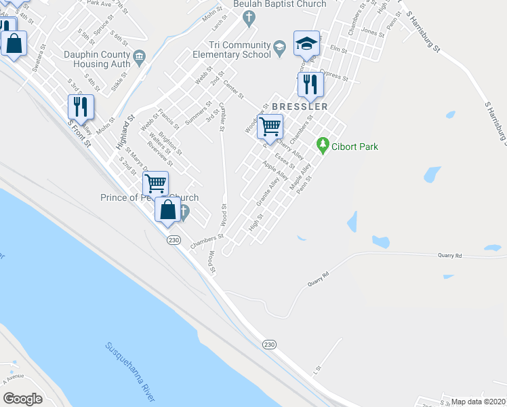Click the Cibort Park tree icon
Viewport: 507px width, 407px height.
tap(323, 146)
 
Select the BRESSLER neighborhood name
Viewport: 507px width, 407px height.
tap(300, 106)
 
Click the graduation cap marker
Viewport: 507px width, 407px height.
tap(306, 43)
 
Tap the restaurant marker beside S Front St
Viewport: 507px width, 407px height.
tap(81, 106)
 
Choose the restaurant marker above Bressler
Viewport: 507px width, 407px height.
tap(310, 85)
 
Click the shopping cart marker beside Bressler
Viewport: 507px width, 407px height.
tap(270, 126)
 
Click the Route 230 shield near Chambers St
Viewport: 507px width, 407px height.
tap(174, 241)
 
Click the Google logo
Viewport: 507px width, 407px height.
tap(22, 399)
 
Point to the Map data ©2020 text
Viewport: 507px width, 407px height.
tap(478, 402)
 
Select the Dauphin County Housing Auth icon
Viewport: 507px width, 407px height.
tap(140, 56)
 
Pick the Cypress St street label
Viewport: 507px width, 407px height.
tap(333, 75)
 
